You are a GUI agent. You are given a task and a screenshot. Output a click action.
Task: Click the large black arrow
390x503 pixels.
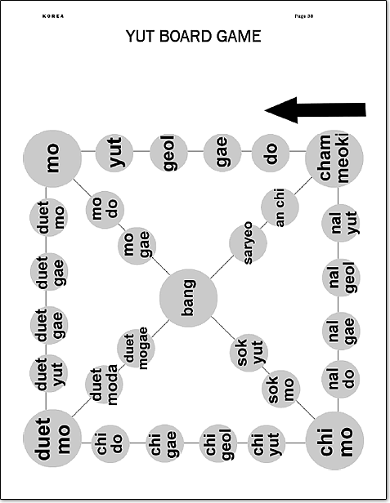click(315, 110)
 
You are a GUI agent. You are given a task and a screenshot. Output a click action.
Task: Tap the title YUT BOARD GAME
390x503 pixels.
click(193, 36)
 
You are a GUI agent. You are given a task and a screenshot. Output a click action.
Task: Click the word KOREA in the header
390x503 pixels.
click(53, 16)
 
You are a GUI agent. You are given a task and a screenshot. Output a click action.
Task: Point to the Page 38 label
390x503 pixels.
click(303, 16)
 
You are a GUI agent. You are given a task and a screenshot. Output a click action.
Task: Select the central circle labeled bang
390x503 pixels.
click(188, 298)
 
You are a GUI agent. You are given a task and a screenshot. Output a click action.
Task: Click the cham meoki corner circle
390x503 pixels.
click(334, 158)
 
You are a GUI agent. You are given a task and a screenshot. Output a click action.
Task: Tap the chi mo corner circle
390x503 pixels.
click(334, 441)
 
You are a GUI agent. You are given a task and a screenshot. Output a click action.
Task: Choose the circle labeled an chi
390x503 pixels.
click(280, 207)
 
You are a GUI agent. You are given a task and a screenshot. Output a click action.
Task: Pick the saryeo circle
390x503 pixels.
click(248, 243)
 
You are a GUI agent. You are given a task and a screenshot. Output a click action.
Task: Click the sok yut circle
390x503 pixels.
click(249, 352)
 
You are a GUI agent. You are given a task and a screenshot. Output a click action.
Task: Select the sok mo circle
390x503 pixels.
click(281, 389)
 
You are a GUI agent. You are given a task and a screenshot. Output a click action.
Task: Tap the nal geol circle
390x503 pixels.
click(341, 278)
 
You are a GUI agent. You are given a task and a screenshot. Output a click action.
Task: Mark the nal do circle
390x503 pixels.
click(341, 379)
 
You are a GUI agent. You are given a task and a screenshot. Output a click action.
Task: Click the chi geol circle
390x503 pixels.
click(218, 443)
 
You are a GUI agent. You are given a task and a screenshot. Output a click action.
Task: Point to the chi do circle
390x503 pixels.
click(110, 443)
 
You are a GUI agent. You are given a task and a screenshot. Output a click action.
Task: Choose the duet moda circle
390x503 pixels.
click(104, 384)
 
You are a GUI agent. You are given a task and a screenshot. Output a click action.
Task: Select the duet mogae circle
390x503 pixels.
click(136, 348)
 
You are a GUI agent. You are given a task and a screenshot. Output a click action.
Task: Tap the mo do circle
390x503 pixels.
click(105, 210)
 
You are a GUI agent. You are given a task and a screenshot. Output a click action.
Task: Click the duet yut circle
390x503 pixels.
click(48, 373)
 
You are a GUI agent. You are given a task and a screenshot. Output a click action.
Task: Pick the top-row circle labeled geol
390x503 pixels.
click(169, 153)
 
